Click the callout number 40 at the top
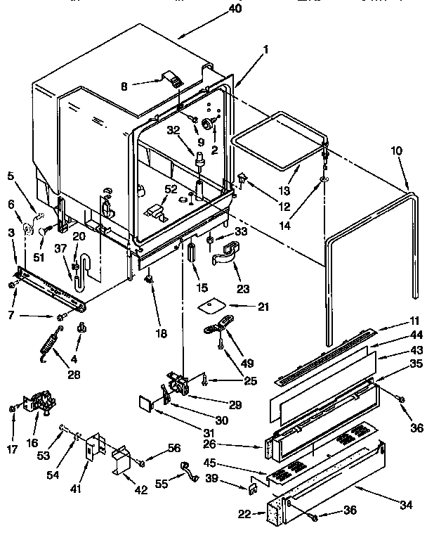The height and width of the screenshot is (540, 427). (x=235, y=8)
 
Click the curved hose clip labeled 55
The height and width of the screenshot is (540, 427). (x=187, y=468)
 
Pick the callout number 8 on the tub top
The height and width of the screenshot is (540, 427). (x=124, y=86)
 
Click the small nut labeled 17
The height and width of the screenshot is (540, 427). (x=12, y=408)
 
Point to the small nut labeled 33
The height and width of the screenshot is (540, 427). (x=209, y=241)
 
